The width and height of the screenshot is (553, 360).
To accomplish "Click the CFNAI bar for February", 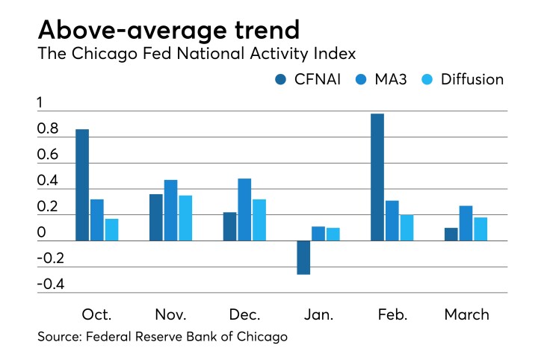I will click(377, 177).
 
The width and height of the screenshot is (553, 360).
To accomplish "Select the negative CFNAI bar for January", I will click(303, 257).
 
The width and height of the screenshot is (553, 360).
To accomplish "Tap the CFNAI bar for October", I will click(82, 184).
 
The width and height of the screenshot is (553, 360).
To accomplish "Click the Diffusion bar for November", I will click(185, 217).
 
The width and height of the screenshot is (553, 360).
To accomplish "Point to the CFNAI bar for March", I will click(451, 234).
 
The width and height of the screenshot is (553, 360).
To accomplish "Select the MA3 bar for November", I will click(171, 210).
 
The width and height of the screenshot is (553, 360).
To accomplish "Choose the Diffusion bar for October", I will click(111, 229).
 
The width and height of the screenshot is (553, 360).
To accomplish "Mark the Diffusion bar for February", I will click(407, 227).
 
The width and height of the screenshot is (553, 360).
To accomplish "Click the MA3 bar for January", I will click(318, 233).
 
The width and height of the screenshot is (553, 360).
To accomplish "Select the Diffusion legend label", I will click(472, 79).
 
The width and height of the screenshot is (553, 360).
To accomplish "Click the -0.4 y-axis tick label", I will click(50, 285).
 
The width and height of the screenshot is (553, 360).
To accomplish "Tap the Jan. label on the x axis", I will click(319, 314).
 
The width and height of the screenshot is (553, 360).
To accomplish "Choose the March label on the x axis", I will click(466, 314).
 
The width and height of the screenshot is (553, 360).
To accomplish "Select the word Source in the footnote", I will click(59, 337).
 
